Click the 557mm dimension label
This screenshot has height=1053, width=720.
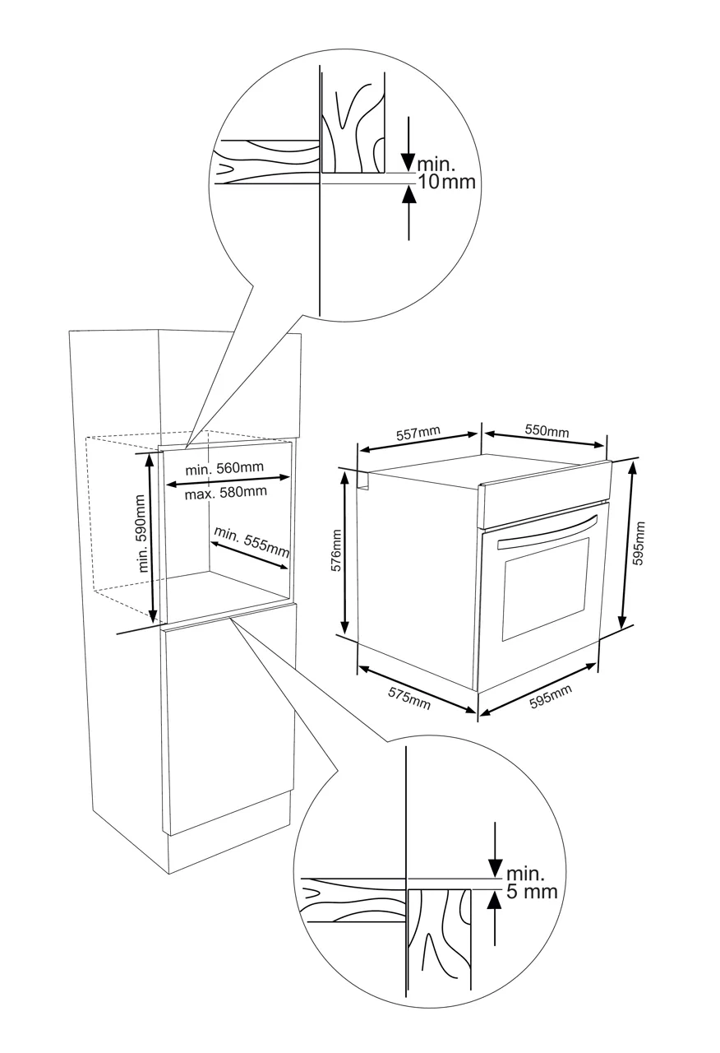click(418, 434)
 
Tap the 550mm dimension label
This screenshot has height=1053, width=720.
click(547, 432)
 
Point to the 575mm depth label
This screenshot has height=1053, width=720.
click(409, 697)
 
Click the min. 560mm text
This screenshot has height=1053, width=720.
click(224, 468)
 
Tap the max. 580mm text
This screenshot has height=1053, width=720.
click(225, 492)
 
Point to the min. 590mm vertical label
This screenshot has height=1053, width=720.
click(142, 533)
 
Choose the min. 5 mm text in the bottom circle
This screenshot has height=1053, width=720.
click(531, 883)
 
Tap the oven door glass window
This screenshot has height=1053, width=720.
click(545, 588)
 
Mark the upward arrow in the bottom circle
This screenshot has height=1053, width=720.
click(494, 917)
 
